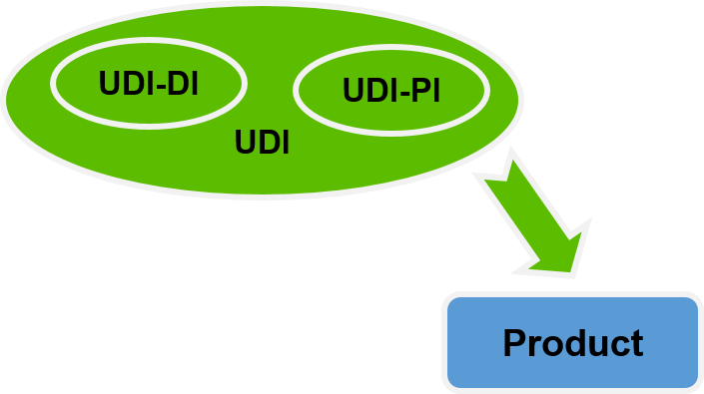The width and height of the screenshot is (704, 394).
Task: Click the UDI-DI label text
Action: point(148,85)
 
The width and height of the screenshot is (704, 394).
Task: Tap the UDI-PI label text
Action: point(391,92)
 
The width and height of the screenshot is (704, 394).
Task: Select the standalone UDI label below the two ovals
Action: point(262,143)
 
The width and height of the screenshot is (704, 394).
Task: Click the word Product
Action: point(572,343)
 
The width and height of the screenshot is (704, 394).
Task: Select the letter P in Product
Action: point(515,343)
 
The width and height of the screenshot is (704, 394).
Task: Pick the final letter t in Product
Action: point(636,344)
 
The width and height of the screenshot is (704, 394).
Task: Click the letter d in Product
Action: point(574,343)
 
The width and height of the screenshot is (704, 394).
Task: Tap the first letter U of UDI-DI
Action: point(109,85)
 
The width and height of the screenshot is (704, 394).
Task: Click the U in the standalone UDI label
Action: point(245,143)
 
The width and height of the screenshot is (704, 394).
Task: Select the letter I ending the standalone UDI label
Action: point(285,143)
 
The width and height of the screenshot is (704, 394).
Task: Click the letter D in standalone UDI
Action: point(267,143)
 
